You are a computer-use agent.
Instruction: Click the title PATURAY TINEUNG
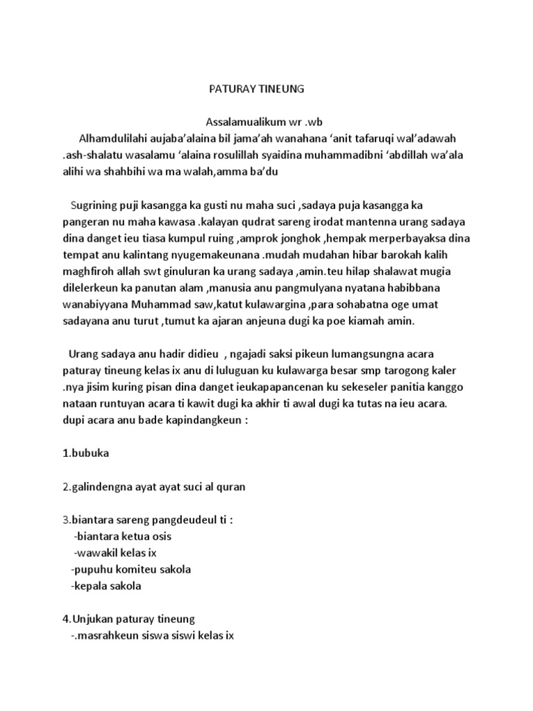click(257, 90)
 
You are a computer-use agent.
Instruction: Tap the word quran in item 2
click(231, 487)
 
